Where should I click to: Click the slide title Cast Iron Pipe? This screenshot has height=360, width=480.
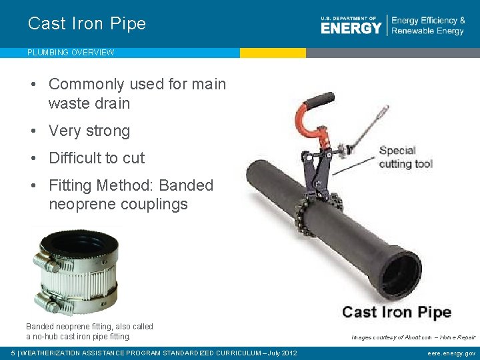[87, 23]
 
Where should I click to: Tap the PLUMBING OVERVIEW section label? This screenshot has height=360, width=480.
[71, 52]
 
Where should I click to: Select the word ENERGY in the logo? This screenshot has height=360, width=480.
[351, 28]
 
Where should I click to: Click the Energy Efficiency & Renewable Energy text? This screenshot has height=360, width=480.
[428, 26]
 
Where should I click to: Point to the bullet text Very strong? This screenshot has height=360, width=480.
[89, 131]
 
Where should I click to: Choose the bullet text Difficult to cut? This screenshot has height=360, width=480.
[97, 158]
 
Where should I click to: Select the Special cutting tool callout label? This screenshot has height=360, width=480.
[406, 157]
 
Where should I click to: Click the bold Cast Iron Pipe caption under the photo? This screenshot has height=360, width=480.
[396, 312]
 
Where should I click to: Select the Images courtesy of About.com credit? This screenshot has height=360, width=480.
[413, 337]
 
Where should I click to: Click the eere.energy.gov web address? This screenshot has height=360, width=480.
[451, 353]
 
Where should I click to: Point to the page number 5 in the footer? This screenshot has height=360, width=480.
[13, 353]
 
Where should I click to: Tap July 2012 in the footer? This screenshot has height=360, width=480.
[281, 353]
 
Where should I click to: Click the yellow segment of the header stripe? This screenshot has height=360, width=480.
[273, 53]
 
